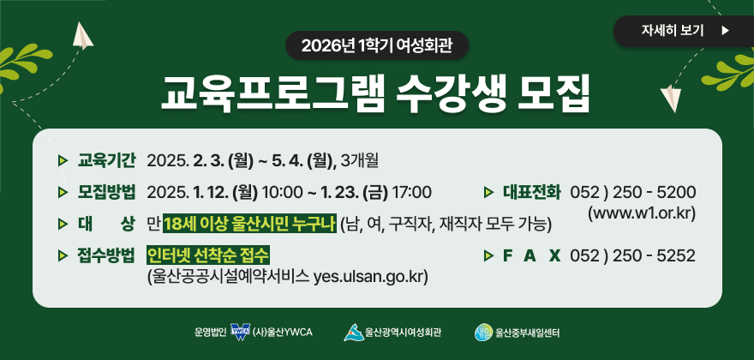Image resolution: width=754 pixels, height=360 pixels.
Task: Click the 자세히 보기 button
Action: pos(683,31)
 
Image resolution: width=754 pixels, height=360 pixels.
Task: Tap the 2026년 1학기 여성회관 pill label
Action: pos(378,45)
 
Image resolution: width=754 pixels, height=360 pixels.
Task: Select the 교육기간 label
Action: pos(107,159)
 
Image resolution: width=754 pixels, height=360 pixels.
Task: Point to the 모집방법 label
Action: pos(107,191)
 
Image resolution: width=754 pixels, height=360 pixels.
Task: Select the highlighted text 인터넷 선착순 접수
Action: pos(208,255)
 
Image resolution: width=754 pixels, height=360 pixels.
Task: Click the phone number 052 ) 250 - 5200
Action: pos(632,191)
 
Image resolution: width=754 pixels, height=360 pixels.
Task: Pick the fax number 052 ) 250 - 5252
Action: pos(632,255)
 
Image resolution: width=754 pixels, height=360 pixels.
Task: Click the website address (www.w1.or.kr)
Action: pos(642,212)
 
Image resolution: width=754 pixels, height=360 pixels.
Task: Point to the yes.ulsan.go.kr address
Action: pos(370,277)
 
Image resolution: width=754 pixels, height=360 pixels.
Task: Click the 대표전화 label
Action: pos(531,191)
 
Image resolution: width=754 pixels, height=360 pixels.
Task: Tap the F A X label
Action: pos(531,255)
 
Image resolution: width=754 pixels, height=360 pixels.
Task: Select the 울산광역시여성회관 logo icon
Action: pos(352,332)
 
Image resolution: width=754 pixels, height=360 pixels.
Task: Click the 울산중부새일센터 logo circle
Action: pos(484,332)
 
